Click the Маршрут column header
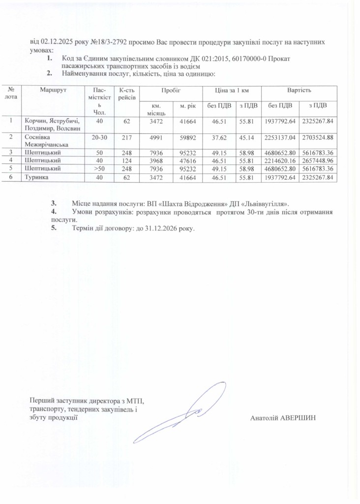pos(54,90)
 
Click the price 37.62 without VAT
pos(215,137)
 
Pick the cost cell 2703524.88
pos(319,137)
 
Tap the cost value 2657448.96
pos(319,160)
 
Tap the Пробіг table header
pos(171,91)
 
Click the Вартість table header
pos(299,91)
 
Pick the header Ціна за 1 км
pos(230,91)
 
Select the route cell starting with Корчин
pos(54,124)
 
